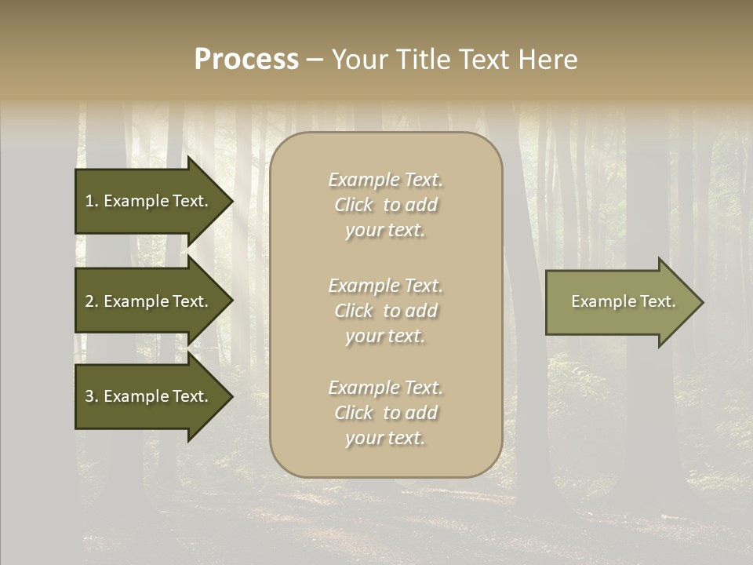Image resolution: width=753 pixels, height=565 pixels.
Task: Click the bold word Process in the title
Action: [246, 60]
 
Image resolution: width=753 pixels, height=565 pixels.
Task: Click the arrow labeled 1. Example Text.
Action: [149, 201]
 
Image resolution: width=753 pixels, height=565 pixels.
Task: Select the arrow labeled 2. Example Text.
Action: [149, 301]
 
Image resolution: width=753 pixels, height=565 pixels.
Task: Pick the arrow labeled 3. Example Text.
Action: [149, 396]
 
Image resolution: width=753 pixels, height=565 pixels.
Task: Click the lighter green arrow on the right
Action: [620, 302]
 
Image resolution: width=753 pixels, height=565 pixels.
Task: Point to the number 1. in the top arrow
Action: [91, 201]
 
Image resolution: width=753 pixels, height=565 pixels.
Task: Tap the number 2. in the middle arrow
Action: [91, 301]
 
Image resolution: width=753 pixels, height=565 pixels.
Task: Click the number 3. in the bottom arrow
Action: [91, 396]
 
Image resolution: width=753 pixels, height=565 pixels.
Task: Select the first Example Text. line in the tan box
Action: [385, 180]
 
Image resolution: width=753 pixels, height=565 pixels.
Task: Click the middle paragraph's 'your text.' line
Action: [385, 336]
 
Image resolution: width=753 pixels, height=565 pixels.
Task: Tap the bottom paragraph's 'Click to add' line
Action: [385, 413]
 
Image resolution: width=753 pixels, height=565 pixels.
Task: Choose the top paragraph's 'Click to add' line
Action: [385, 205]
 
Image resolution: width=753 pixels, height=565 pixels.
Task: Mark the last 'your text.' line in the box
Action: [385, 439]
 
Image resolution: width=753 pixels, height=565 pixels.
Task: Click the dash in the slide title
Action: [315, 60]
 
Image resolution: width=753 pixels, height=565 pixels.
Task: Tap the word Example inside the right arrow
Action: [598, 301]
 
